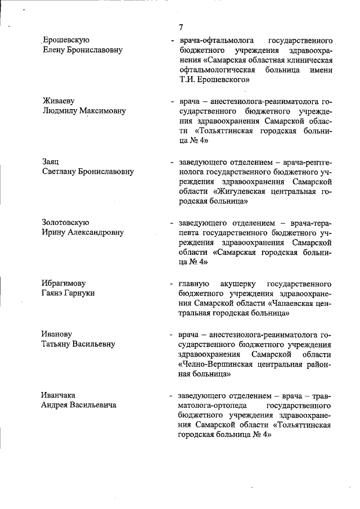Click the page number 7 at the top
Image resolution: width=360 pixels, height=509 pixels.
click(181, 27)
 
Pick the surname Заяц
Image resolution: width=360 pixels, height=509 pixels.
click(51, 162)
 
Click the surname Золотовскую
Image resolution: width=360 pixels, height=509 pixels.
click(66, 223)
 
